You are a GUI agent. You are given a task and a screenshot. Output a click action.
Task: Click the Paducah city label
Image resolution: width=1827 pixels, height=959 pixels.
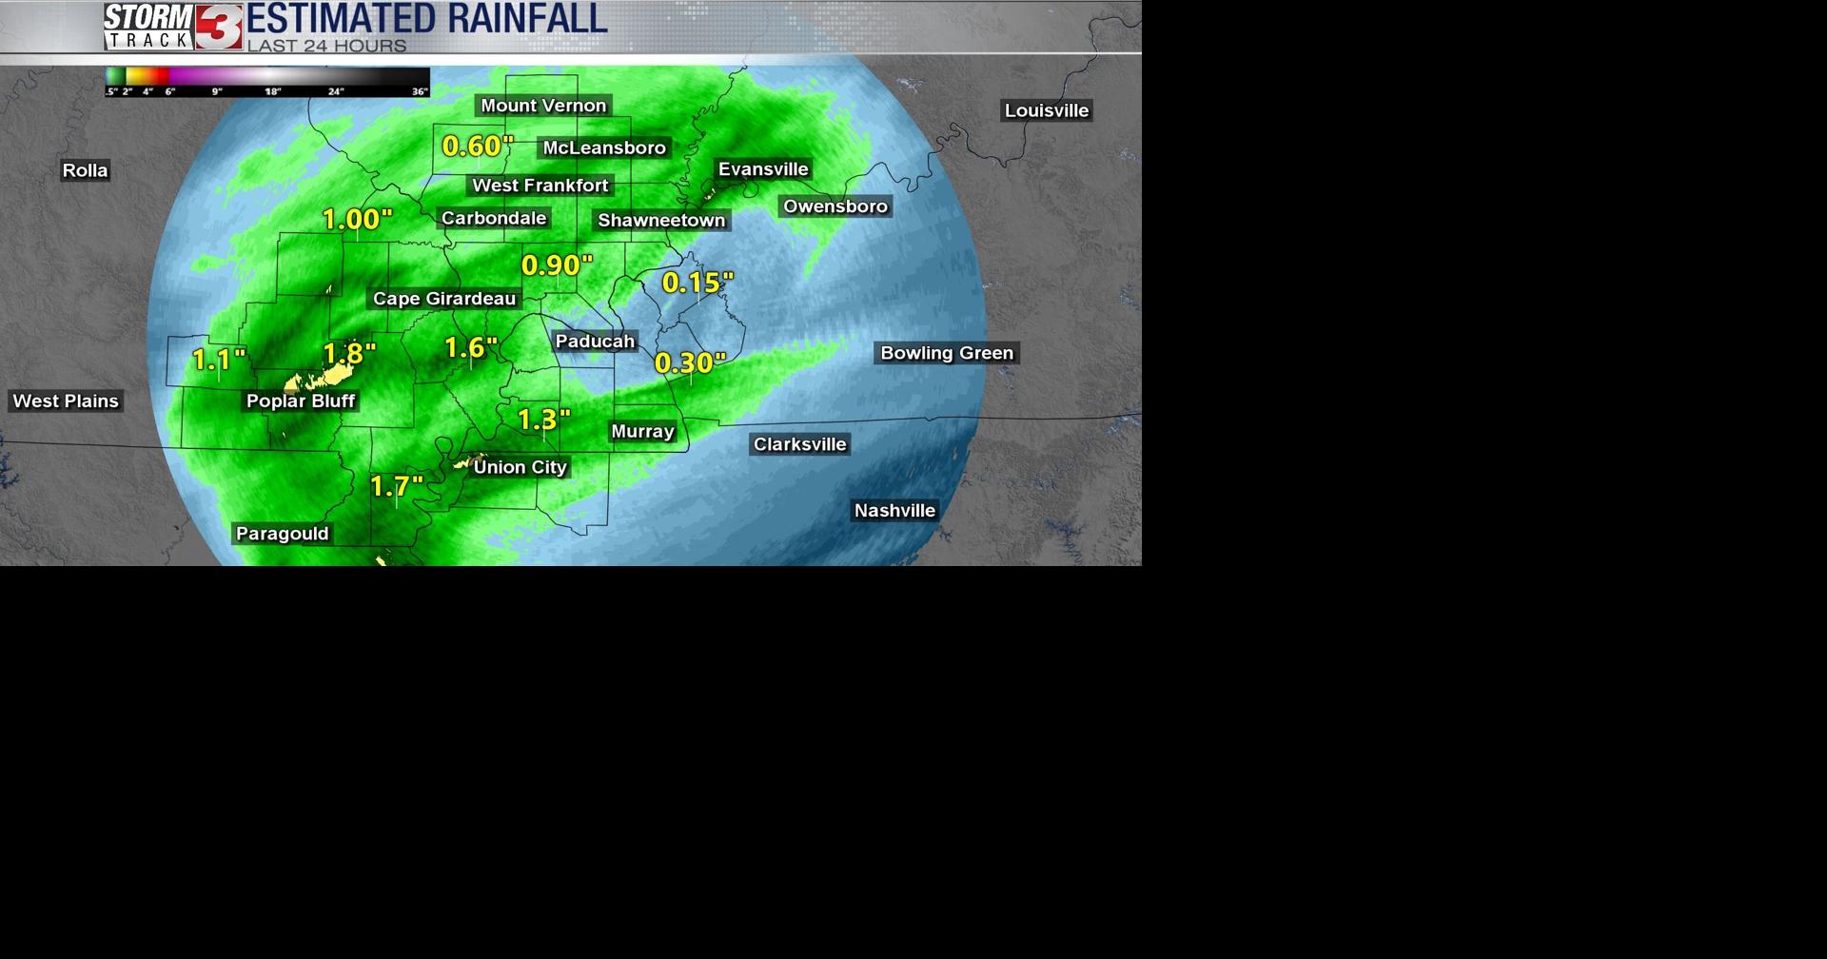click(595, 341)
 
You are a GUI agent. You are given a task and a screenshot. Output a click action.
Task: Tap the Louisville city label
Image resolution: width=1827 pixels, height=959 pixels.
click(1046, 110)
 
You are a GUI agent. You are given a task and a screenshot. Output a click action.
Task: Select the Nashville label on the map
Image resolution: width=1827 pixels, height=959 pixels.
click(894, 511)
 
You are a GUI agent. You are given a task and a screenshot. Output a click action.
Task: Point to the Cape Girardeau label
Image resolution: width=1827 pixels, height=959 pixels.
click(443, 299)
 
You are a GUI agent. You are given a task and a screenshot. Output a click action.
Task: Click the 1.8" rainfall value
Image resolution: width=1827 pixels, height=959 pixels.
click(350, 354)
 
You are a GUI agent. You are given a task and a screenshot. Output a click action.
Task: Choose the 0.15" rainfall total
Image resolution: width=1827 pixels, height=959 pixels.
click(697, 283)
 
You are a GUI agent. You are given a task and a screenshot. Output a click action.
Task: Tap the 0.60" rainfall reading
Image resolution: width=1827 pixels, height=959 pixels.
click(478, 147)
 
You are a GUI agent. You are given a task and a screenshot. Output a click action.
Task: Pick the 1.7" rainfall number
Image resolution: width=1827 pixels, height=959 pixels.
click(396, 487)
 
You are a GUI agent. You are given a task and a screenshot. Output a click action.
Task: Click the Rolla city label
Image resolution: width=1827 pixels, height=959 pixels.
click(85, 170)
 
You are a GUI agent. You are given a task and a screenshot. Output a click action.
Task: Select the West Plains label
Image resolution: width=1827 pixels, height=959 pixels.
click(66, 401)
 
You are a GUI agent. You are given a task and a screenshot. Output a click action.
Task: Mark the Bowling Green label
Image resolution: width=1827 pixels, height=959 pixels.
click(947, 353)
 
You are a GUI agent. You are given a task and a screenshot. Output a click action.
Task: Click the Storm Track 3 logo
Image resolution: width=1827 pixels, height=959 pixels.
click(173, 27)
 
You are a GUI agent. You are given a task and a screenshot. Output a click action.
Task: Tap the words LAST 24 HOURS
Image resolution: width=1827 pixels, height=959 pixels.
click(326, 46)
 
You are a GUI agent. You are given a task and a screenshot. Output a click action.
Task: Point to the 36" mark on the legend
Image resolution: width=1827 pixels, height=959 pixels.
click(420, 91)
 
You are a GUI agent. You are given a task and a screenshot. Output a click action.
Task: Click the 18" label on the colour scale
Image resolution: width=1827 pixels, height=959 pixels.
click(273, 91)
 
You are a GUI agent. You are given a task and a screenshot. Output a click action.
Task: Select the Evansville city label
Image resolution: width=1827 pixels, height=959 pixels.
click(763, 169)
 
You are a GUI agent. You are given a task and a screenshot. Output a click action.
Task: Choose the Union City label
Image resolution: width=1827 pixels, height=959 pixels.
click(520, 467)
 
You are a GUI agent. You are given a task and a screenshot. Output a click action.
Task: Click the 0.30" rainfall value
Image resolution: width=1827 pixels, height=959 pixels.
click(690, 362)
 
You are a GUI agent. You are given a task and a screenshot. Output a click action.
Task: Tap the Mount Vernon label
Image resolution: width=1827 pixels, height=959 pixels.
click(542, 106)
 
